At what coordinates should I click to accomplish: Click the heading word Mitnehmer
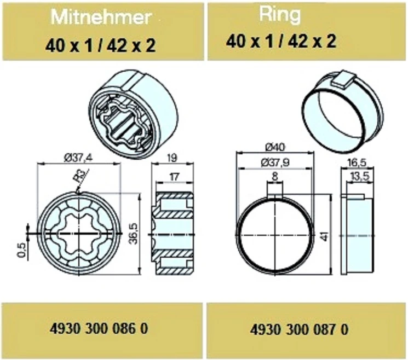point(101,17)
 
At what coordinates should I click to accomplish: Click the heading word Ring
point(280,15)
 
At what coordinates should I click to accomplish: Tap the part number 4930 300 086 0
point(99,328)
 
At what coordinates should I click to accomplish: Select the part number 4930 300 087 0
point(299,329)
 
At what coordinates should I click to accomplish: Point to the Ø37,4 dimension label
point(78,158)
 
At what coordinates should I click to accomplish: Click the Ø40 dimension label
point(275,147)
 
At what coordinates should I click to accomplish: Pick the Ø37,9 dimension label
point(275,163)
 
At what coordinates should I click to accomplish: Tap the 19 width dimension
point(172,158)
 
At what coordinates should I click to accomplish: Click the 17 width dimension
point(174,177)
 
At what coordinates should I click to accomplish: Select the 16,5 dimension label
point(357,163)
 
